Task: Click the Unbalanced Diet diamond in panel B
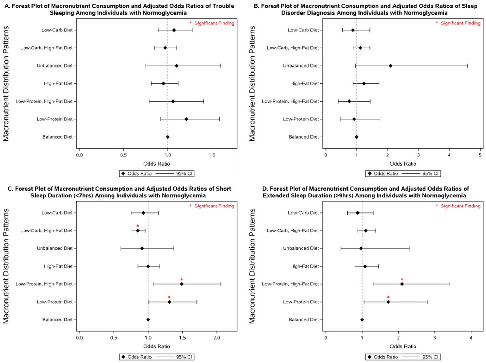pos(390,66)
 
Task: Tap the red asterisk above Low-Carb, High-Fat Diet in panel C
pos(138,226)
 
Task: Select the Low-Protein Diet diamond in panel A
pos(186,119)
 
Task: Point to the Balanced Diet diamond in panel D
pos(362,320)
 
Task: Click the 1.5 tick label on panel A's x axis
pos(212,155)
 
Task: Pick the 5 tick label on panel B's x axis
pos(480,155)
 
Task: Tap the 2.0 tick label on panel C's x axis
pos(217,338)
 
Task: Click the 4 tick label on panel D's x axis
pos(471,338)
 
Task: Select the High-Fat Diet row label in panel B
pos(304,83)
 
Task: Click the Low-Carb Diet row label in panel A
pos(57,30)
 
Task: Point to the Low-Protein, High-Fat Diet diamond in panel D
pos(402,284)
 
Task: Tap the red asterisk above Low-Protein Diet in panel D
pos(388,297)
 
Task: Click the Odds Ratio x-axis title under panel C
pos(156,346)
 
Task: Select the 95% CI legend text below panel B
pos(430,174)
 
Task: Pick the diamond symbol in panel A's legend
pos(123,174)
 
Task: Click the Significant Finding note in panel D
pos(460,206)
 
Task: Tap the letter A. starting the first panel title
pos(7,6)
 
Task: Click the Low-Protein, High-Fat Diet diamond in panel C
pos(182,284)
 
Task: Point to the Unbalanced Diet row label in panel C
pos(55,248)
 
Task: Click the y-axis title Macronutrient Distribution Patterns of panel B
pos(252,83)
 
